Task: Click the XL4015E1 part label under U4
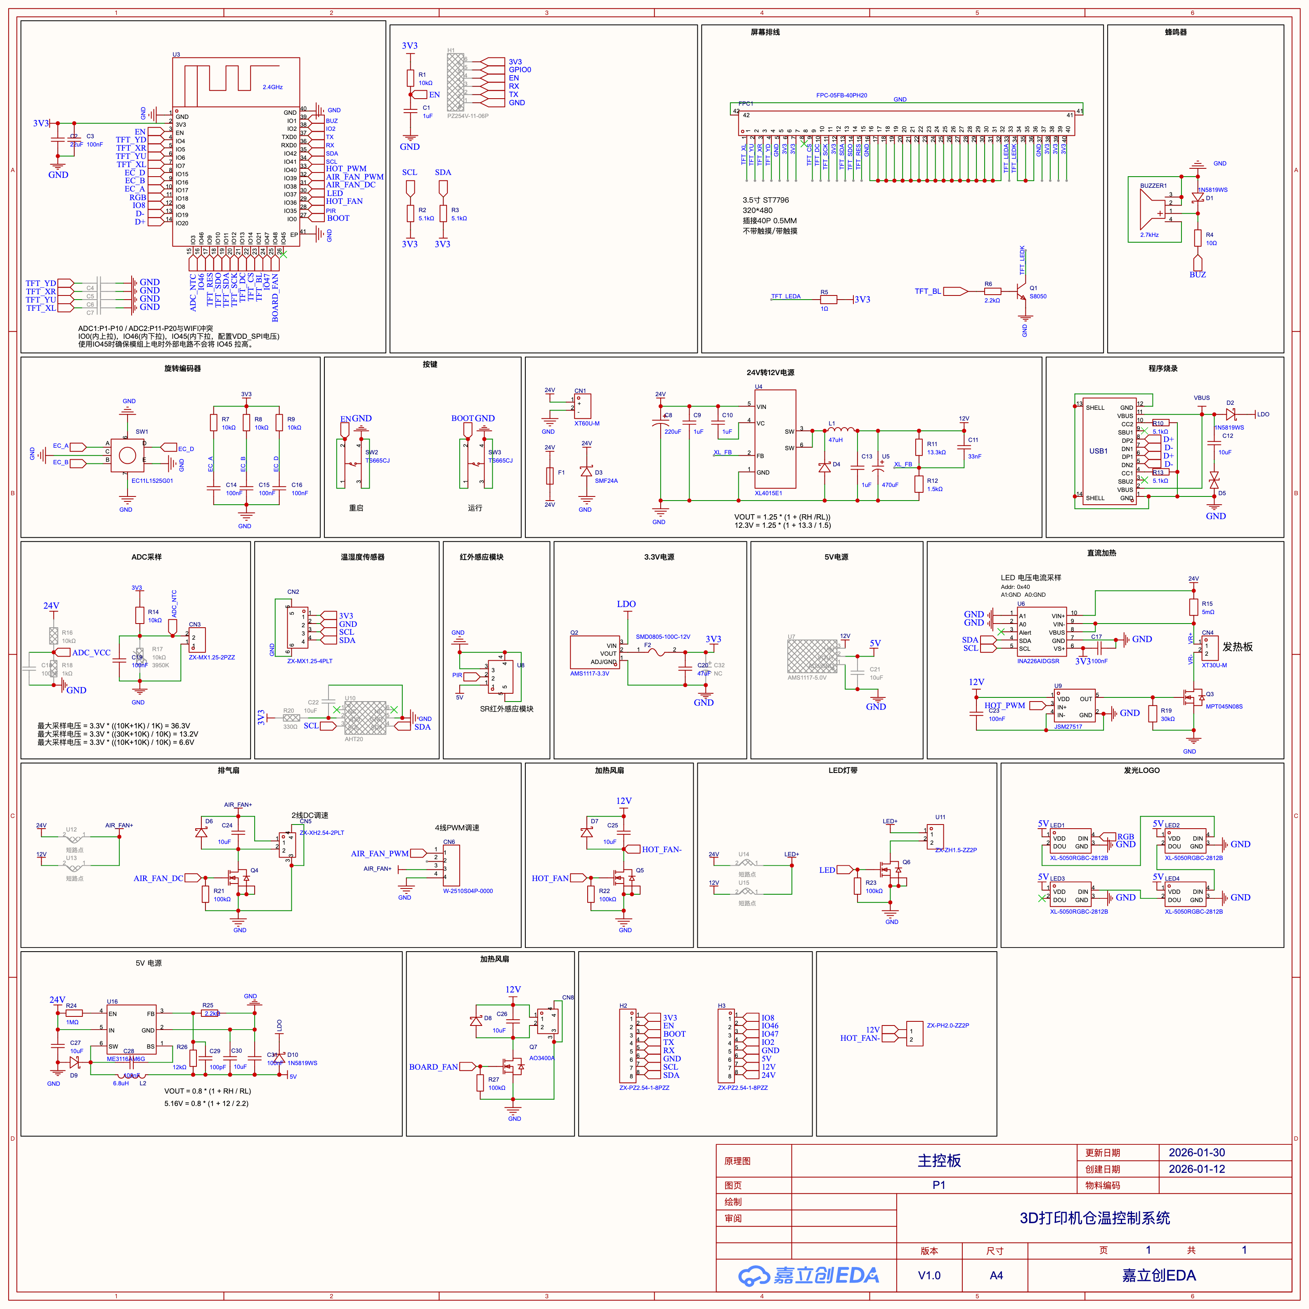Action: point(768,493)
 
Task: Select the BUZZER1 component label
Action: point(1153,186)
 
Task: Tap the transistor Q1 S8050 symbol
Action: point(1022,293)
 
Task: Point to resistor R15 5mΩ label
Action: point(1207,608)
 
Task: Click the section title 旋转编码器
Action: point(182,369)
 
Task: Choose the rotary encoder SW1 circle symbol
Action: point(128,455)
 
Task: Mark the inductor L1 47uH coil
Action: point(842,430)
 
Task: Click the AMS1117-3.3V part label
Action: point(589,673)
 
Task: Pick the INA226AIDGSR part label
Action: point(1038,661)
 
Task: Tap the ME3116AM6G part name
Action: point(125,1059)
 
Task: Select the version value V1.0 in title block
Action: point(929,1275)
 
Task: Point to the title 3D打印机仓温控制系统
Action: point(1094,1217)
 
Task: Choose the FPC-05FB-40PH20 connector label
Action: point(841,95)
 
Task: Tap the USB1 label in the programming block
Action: point(1098,451)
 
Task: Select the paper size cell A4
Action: point(996,1275)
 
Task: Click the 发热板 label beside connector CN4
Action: point(1237,647)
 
